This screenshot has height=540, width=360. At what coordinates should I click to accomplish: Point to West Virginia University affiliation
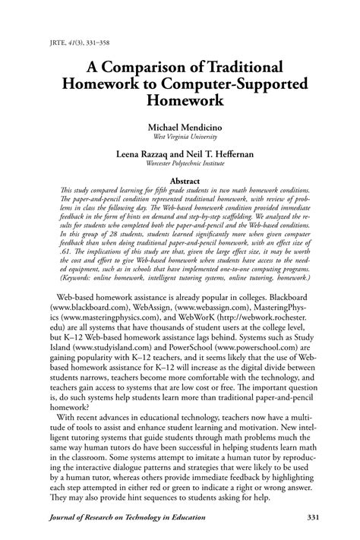tap(179, 137)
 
